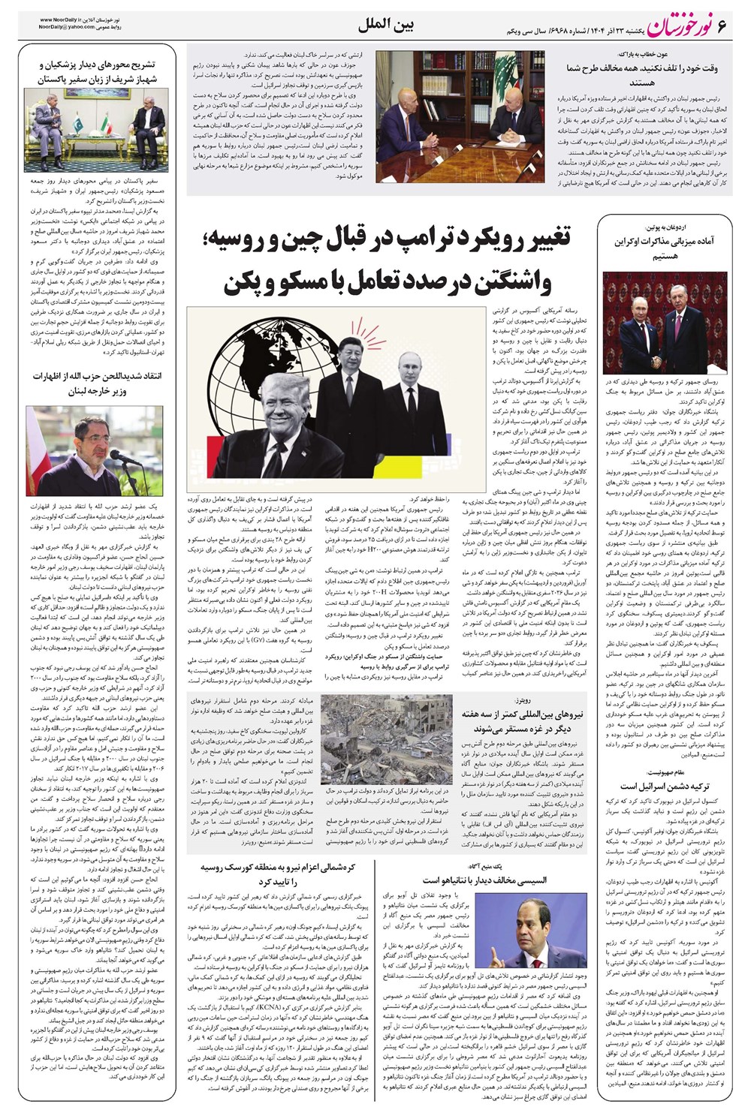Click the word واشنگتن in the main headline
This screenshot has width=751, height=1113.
[511, 284]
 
